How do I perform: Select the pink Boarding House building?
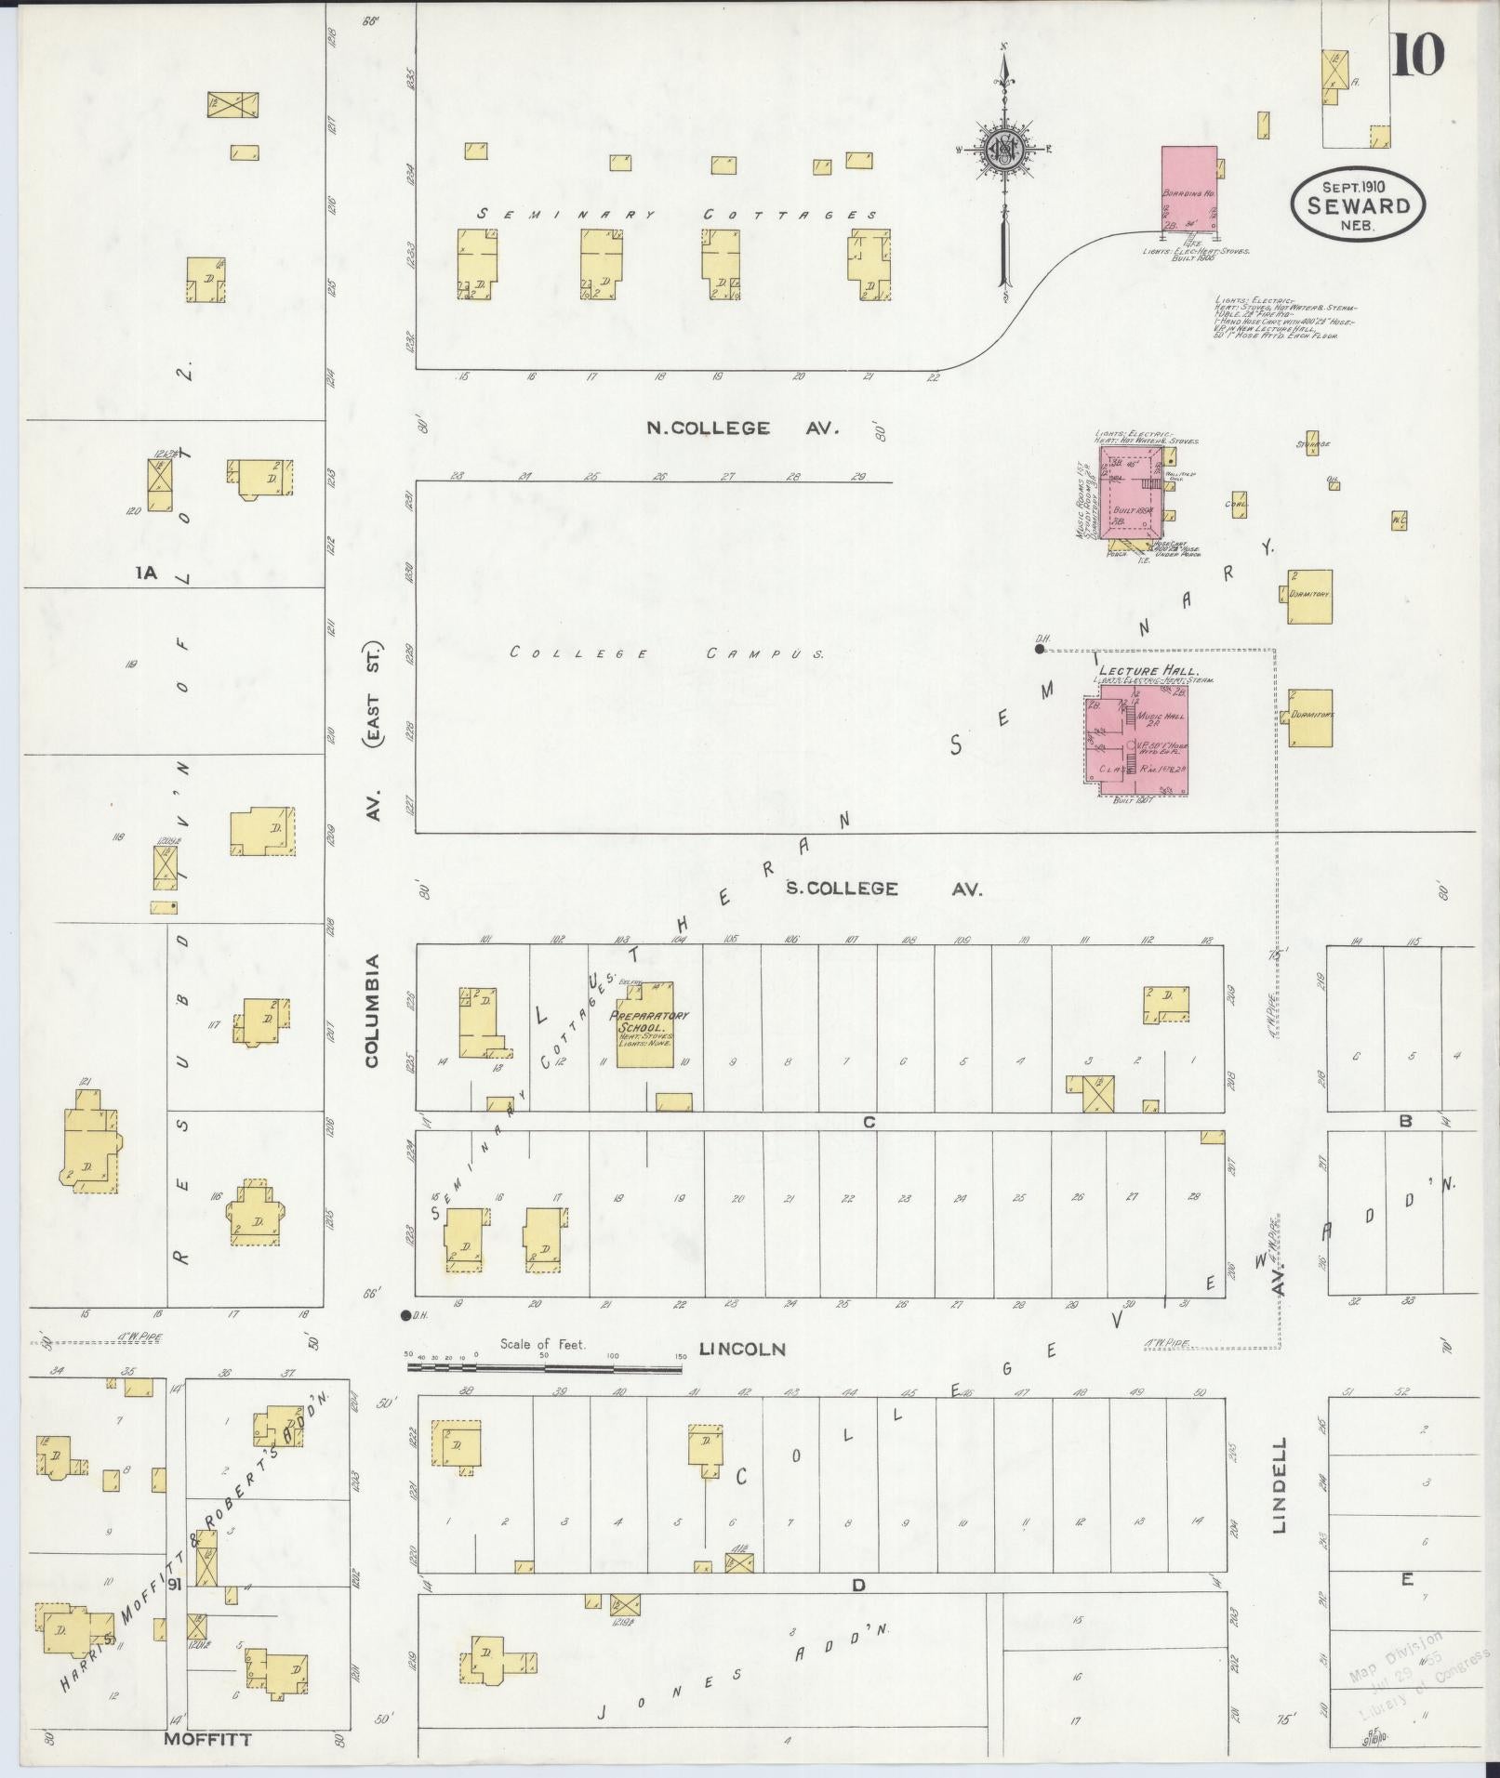[1188, 190]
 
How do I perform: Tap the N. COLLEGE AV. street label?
[743, 428]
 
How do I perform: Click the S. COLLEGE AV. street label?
[883, 889]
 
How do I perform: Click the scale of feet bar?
[544, 1367]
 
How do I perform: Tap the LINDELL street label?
[1280, 1499]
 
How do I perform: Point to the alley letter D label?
[858, 1586]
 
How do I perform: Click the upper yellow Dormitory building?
[1310, 597]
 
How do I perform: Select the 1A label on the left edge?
[147, 574]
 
